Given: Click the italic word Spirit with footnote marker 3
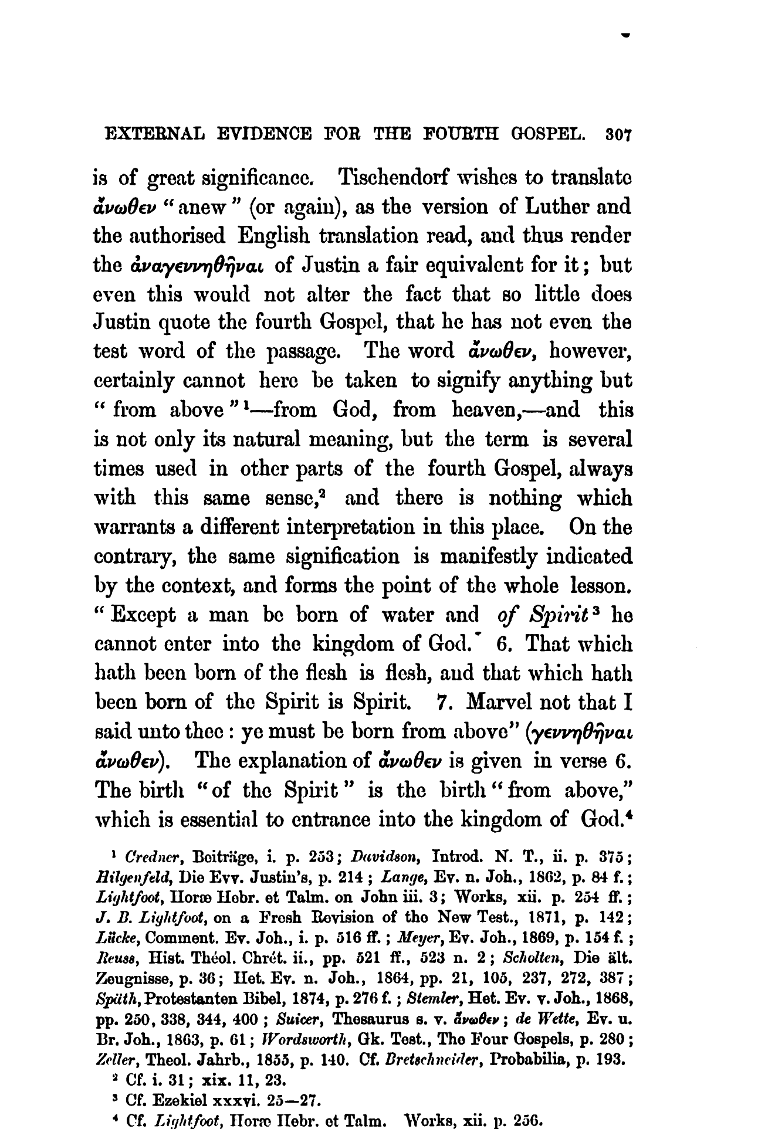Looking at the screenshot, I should click(x=559, y=615).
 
